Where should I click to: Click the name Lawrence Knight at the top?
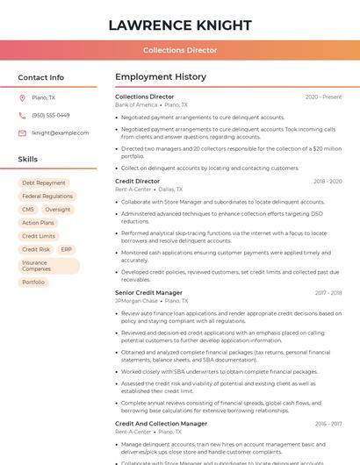click(180, 25)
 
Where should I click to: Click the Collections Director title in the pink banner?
click(180, 50)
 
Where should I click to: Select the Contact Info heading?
click(41, 77)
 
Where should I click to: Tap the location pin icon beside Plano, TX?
click(22, 97)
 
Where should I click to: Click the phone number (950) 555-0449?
click(51, 115)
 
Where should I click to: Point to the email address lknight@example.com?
click(61, 132)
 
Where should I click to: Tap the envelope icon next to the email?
click(22, 132)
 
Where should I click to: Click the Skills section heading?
click(28, 160)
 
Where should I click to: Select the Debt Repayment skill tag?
click(44, 183)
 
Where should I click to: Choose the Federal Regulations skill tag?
click(47, 197)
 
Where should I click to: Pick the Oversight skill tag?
click(58, 210)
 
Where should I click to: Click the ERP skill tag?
click(66, 249)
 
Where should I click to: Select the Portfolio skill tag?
click(33, 283)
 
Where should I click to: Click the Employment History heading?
click(161, 77)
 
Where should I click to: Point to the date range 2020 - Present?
click(323, 97)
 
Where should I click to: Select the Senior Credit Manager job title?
click(148, 293)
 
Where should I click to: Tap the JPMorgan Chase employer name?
click(136, 301)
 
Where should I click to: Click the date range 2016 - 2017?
click(328, 424)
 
